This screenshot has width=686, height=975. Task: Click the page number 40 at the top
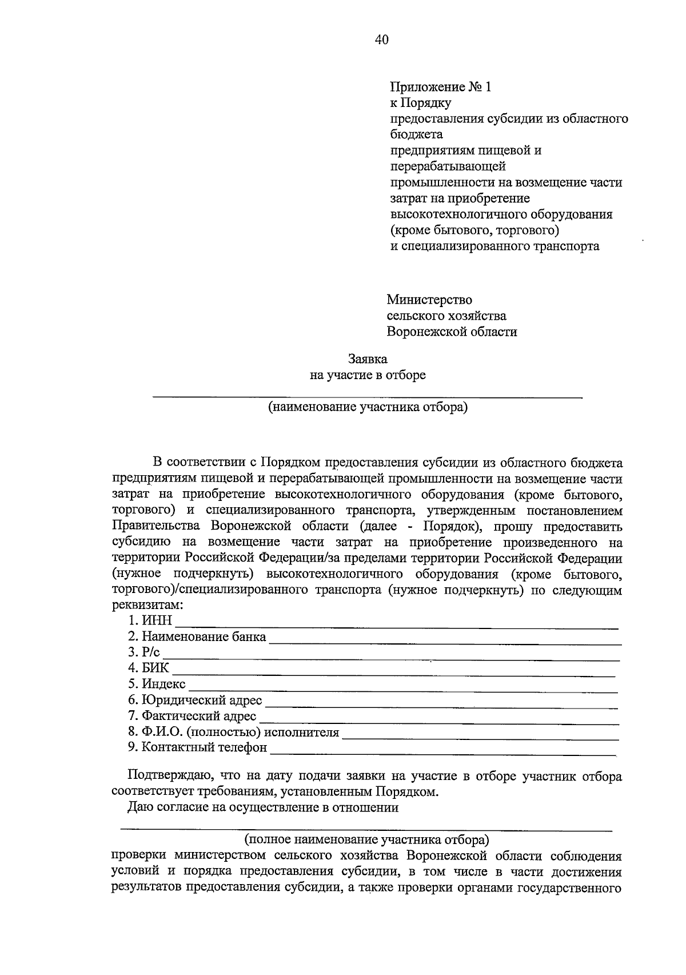pos(382,39)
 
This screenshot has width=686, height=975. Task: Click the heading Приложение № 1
pos(440,87)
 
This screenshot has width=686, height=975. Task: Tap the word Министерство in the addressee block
pos(429,300)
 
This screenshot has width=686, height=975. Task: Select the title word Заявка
pos(368,359)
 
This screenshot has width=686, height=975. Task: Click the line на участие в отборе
pos(368,375)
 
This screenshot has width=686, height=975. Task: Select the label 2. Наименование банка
pos(197,636)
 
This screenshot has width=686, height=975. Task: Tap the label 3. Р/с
pos(144,652)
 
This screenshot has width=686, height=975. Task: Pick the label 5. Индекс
pos(157,684)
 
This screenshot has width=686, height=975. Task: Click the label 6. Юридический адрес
pos(195,700)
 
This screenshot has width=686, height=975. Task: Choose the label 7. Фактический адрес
pos(192,716)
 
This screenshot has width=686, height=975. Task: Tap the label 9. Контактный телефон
pos(197,747)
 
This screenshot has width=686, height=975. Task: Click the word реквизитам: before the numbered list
pos(148,605)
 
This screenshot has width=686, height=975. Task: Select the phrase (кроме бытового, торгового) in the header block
pos(474,230)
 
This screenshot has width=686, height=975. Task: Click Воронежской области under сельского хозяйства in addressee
pos(452,332)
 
